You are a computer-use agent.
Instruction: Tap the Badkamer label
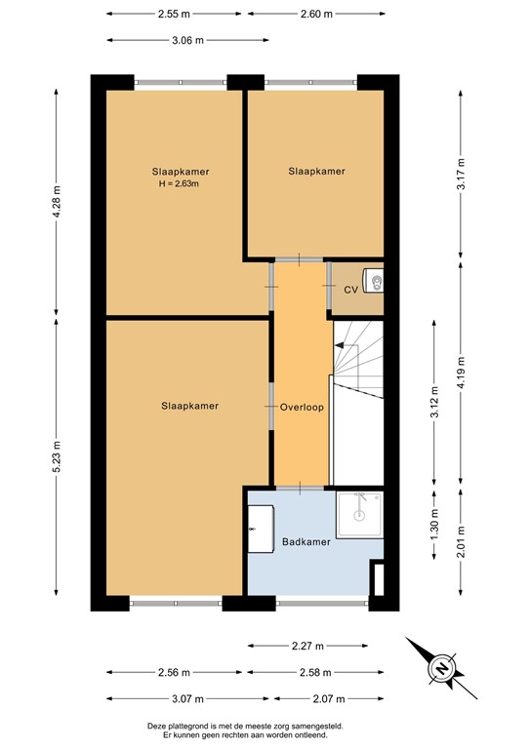tap(306, 542)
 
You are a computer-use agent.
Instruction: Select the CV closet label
tap(350, 290)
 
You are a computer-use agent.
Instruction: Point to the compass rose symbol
tap(439, 668)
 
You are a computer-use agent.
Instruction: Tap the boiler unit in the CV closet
tap(373, 281)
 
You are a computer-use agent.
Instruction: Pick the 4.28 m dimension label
tap(57, 203)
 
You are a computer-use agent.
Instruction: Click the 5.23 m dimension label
tap(57, 454)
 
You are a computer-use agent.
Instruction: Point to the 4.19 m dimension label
tap(459, 374)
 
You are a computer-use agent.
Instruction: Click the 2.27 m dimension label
tap(309, 645)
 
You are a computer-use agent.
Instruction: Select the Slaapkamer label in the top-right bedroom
tap(316, 172)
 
